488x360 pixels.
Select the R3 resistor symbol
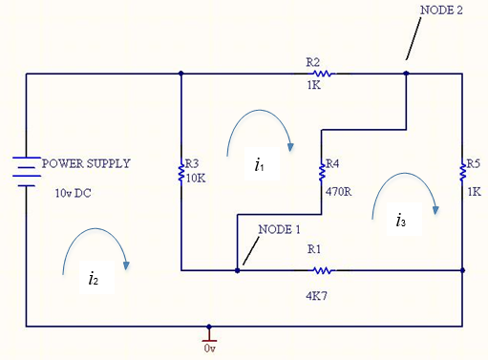(x=180, y=173)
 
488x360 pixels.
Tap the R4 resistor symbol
(x=321, y=173)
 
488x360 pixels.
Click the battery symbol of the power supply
(x=27, y=173)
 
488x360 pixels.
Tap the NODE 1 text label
(x=279, y=229)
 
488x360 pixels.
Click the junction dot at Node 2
(x=406, y=73)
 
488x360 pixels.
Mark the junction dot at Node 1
(x=237, y=270)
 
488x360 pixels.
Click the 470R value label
(x=339, y=191)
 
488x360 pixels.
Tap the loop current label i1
(x=259, y=165)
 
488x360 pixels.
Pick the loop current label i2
(x=92, y=279)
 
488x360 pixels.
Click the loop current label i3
(x=401, y=221)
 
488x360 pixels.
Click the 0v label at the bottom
(x=210, y=349)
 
